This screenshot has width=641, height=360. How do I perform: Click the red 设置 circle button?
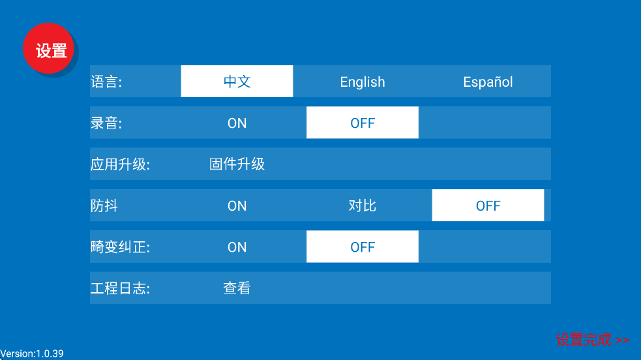[50, 50]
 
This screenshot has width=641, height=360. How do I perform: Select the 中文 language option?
[237, 82]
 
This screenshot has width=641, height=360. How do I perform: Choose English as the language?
[363, 82]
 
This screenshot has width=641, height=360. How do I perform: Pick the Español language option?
[488, 82]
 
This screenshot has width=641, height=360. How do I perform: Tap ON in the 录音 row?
[237, 123]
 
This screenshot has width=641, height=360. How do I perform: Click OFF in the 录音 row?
[363, 123]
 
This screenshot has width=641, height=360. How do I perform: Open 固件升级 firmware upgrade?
[237, 164]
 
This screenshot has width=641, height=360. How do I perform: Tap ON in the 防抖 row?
[237, 205]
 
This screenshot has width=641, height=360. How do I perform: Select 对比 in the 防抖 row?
[363, 205]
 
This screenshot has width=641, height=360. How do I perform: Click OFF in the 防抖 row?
[488, 205]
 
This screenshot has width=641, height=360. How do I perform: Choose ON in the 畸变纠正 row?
[237, 247]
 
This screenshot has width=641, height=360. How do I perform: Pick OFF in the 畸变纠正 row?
[363, 247]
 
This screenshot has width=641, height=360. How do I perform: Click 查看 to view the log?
[237, 288]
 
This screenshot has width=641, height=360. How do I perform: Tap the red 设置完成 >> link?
[592, 340]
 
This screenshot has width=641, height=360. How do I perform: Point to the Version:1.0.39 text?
[32, 353]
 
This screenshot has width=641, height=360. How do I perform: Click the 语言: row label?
[106, 82]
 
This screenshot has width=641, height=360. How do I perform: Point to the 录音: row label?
[106, 123]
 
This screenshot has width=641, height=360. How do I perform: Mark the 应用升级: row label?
[120, 164]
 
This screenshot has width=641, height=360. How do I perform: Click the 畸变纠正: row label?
[120, 247]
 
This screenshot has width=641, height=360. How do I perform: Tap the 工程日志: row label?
[120, 288]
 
